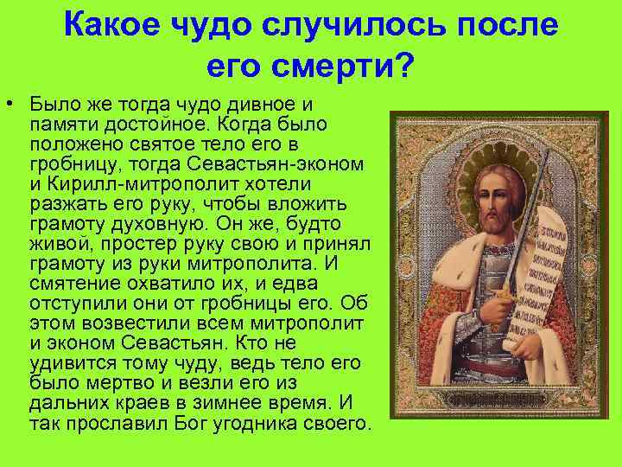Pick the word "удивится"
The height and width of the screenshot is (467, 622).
click(x=66, y=363)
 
